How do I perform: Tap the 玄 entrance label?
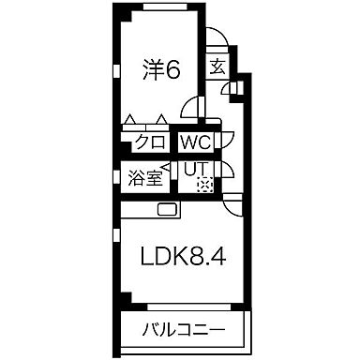217,67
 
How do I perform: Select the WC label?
196,143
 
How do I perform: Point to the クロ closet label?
150,143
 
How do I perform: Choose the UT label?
195,170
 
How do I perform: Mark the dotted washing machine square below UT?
204,185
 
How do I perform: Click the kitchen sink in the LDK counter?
168,209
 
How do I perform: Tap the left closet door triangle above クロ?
130,120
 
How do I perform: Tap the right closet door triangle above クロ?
162,120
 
